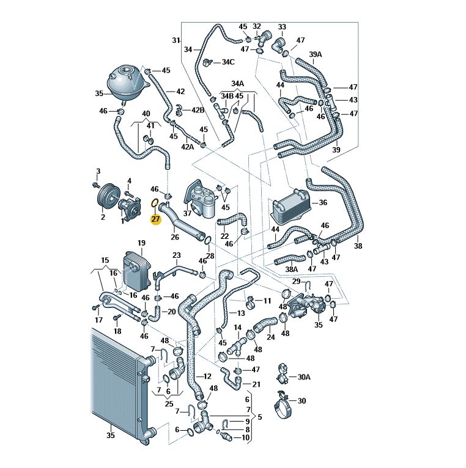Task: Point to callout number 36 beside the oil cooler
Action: [x=324, y=202]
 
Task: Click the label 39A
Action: [x=315, y=54]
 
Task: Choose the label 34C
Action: [x=228, y=62]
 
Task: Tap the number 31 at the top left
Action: [x=176, y=40]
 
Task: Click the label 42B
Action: [x=197, y=110]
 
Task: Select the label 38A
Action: [x=292, y=269]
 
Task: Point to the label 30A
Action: [x=304, y=377]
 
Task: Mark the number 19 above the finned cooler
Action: [x=141, y=243]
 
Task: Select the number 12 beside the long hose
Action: [x=207, y=376]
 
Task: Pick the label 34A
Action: [x=237, y=83]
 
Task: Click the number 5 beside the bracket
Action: [x=259, y=418]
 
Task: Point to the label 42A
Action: [x=187, y=147]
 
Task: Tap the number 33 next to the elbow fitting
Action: [x=282, y=27]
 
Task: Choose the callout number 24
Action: [x=271, y=337]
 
